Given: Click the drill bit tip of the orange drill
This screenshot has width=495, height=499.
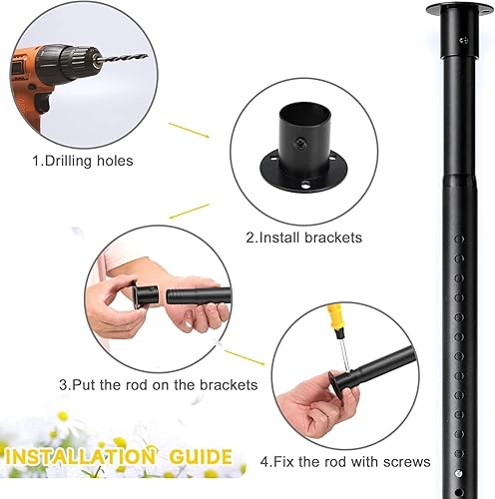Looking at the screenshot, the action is pos(147,55).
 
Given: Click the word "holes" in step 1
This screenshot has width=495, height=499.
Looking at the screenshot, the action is pos(115,161).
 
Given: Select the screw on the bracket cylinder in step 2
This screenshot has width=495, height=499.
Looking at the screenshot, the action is pos(300,144).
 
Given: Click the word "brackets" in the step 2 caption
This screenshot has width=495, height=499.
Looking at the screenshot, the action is pos(333,238).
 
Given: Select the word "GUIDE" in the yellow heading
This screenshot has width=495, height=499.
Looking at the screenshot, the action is pos(201,456).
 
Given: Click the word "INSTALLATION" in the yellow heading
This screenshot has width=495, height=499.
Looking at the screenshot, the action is pos(80,456).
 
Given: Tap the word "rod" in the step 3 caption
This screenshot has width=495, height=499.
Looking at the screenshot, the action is pos(137,385).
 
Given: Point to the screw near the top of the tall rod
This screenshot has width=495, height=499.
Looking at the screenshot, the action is pos(464,41).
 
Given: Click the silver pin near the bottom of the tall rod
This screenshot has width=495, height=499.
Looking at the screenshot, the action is pos(459,473).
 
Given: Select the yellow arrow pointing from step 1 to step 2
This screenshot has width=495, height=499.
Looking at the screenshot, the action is pos(189,130).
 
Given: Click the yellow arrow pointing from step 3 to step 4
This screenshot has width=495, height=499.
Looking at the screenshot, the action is pos(245,357).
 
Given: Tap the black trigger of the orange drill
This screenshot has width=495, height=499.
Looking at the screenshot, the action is pos(43,103).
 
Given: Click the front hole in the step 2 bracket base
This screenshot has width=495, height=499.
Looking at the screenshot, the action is pos(305,185).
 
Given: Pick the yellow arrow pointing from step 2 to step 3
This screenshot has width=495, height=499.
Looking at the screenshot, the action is pos(190,212).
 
